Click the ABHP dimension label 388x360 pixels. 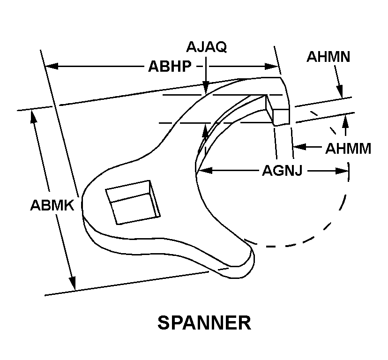pyautogui.click(x=170, y=67)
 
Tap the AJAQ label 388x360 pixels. pyautogui.click(x=207, y=47)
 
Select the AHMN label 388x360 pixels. pyautogui.click(x=328, y=57)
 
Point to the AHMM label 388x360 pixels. pyautogui.click(x=348, y=149)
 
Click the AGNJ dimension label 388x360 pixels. pyautogui.click(x=282, y=171)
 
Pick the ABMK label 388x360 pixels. pyautogui.click(x=52, y=205)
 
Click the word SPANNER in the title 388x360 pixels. pyautogui.click(x=204, y=323)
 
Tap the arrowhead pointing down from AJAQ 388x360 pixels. pyautogui.click(x=205, y=88)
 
